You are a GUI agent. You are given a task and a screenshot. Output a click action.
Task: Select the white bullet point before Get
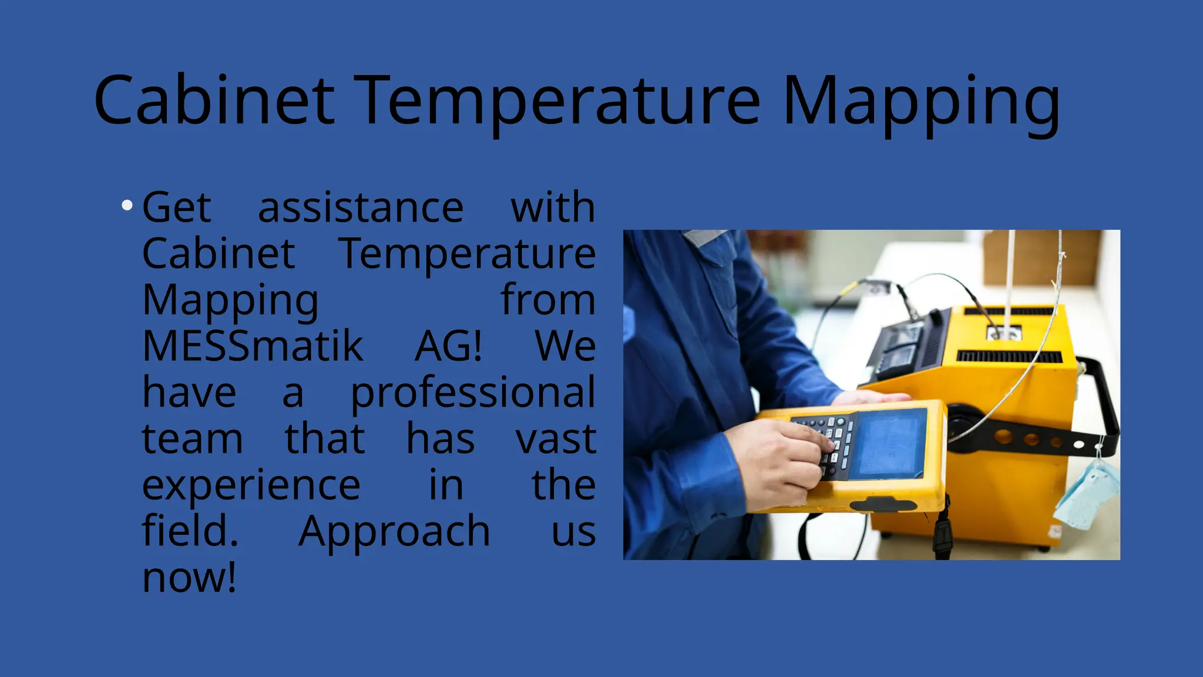[x=127, y=205]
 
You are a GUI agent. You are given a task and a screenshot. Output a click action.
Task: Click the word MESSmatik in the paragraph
[x=253, y=346]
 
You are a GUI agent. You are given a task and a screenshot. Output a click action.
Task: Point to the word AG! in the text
[x=449, y=346]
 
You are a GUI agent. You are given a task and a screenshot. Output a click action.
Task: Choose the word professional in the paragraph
[x=473, y=393]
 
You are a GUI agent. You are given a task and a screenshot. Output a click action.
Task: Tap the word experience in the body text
[x=251, y=485]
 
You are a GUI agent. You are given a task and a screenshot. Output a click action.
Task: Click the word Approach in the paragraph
[x=394, y=531]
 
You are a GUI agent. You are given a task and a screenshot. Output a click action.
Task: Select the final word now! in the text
[x=189, y=577]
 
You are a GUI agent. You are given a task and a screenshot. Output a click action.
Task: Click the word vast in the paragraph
[x=556, y=438]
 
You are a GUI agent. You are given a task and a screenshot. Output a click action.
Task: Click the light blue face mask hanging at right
[x=1087, y=494]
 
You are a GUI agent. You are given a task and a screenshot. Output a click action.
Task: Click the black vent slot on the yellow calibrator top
[x=1009, y=356]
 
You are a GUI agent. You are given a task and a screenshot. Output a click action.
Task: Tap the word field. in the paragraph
[x=190, y=531]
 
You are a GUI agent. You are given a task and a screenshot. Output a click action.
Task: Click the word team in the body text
[x=192, y=438]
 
